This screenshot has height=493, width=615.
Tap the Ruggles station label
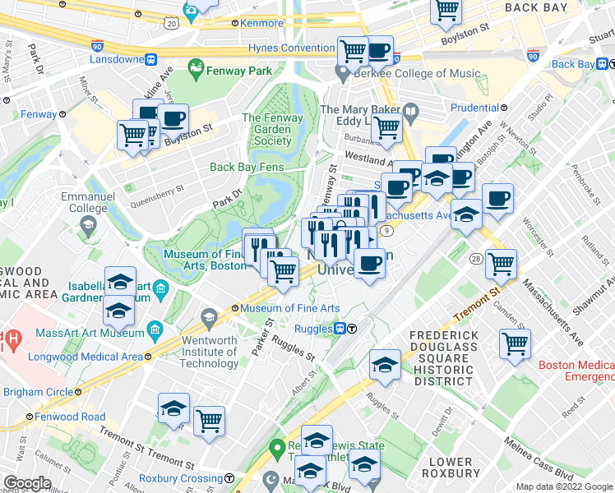313,329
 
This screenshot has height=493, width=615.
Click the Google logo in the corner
27,483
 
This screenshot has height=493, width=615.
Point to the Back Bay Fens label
247,167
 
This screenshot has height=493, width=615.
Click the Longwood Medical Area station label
85,357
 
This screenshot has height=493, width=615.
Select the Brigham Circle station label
38,392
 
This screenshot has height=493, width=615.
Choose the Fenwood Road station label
71,417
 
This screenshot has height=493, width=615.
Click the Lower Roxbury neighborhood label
451,468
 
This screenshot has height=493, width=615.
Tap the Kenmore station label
257,24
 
